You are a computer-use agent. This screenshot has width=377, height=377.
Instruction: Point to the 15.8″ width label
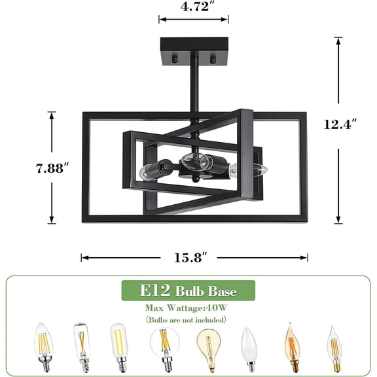click(194, 257)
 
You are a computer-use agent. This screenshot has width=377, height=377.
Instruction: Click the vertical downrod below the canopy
click(194, 92)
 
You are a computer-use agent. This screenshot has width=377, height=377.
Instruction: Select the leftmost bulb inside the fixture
click(147, 173)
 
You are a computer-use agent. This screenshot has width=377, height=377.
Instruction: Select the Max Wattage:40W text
click(187, 307)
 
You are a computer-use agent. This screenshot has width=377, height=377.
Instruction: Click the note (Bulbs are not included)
click(187, 319)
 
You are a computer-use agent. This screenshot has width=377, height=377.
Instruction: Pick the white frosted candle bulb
click(249, 346)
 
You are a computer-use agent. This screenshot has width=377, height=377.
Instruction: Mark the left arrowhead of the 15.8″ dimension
click(84, 258)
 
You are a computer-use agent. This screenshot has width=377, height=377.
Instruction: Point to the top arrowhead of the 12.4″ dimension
click(338, 40)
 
